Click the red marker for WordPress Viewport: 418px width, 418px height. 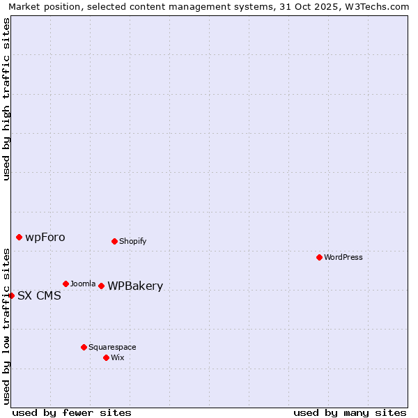click(319, 257)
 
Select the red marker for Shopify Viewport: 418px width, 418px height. click(114, 241)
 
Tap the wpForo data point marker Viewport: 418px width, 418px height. click(19, 237)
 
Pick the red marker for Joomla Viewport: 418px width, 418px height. click(65, 284)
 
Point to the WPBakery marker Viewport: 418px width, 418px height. click(101, 286)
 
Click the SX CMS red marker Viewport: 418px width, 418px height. click(11, 295)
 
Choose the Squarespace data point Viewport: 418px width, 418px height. click(84, 347)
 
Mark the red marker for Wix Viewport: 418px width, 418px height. click(106, 357)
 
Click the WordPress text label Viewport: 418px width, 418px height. click(343, 257)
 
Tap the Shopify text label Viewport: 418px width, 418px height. click(132, 241)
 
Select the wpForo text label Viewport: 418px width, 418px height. click(45, 237)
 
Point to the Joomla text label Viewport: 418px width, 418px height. click(83, 284)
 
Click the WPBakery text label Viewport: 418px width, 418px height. click(135, 286)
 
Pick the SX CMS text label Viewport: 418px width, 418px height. click(39, 295)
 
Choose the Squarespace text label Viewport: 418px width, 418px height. click(112, 347)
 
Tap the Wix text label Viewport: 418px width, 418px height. click(117, 357)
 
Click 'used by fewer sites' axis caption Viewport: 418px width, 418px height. click(72, 412)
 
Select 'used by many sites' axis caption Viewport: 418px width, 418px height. click(350, 412)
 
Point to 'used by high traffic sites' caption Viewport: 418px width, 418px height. click(6, 99)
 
